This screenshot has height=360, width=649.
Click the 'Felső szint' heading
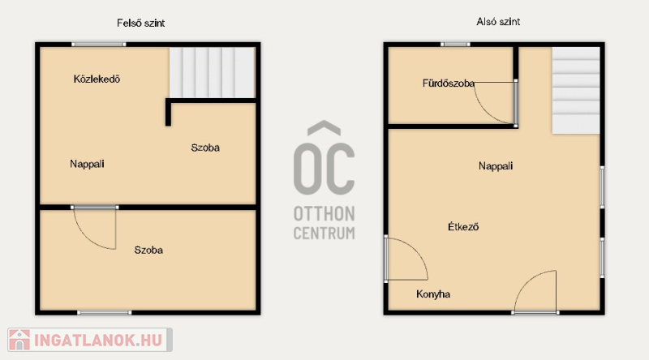coord(140,24)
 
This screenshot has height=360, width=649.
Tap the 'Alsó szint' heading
coord(498,22)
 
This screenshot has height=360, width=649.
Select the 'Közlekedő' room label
coord(97,79)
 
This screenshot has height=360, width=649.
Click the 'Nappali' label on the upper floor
coord(87,164)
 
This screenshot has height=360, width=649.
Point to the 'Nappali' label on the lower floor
coord(496,166)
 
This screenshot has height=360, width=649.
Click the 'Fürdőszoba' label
coord(449,84)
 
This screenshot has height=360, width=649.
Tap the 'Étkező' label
coord(463,227)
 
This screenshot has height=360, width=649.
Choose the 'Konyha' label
coord(433,294)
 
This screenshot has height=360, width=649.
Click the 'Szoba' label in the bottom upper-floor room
coord(148,250)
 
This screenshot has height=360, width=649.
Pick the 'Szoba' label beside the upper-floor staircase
coord(205,148)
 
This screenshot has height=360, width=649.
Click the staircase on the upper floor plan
coord(212,72)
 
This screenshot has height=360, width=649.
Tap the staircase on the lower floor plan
coord(576,90)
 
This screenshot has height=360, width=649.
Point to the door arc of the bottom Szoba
coord(86,238)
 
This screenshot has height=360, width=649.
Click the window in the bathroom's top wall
coord(455,45)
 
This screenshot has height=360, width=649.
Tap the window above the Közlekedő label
coord(98,45)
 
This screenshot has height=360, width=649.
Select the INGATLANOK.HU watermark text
coord(98,341)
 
